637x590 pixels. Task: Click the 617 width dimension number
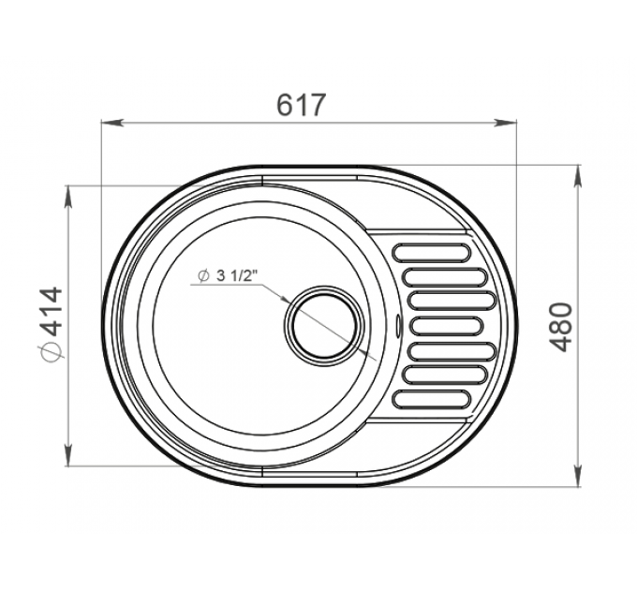(x=301, y=105)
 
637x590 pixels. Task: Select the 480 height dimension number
(x=563, y=326)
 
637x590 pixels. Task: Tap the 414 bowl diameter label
(x=52, y=311)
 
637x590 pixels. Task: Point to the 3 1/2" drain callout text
(x=238, y=275)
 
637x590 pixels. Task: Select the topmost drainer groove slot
(x=431, y=252)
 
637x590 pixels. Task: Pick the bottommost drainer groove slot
(x=431, y=399)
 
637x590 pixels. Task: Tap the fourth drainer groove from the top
(x=448, y=326)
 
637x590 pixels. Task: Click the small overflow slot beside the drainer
(x=398, y=326)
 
